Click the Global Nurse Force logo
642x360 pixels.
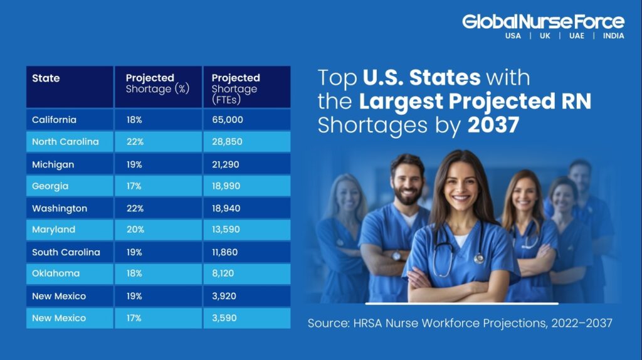pos(543,22)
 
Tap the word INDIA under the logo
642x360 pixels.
pos(613,36)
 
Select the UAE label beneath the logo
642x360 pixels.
pos(576,36)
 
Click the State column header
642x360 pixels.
pos(46,78)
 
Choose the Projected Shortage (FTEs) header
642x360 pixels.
pos(235,88)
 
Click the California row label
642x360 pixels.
pos(54,120)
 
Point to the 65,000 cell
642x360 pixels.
pos(227,120)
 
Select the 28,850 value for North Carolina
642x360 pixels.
pos(227,142)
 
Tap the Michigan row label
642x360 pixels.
pos(53,164)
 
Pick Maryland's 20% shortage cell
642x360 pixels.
pos(135,230)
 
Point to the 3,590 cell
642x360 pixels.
pos(224,318)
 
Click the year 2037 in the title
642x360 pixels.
pos(493,125)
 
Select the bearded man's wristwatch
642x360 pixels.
pos(396,255)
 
